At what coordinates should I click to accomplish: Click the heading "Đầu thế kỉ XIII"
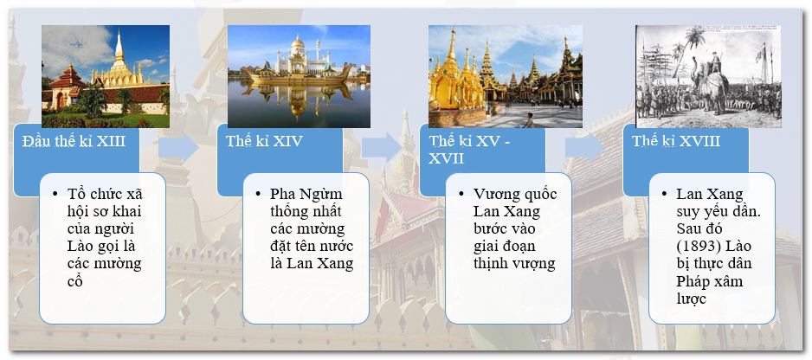[x=74, y=141]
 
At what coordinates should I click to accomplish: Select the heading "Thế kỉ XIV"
[x=264, y=141]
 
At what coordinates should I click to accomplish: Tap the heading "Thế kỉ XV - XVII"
[x=469, y=149]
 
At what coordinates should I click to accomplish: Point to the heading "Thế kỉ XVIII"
[x=676, y=141]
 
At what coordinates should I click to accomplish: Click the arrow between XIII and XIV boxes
[x=178, y=148]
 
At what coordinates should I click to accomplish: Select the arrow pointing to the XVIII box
[x=586, y=148]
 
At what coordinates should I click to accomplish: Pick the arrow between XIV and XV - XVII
[x=382, y=148]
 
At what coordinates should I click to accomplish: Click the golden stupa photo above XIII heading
[x=106, y=77]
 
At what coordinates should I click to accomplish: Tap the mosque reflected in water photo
[x=300, y=77]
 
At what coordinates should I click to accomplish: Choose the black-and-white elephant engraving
[x=708, y=77]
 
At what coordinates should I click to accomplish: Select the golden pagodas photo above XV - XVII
[x=506, y=77]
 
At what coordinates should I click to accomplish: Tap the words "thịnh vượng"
[x=514, y=263]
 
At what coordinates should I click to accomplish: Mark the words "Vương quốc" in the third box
[x=515, y=194]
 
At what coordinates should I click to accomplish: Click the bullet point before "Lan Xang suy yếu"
[x=665, y=194]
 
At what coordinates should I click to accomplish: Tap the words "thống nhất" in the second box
[x=306, y=211]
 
